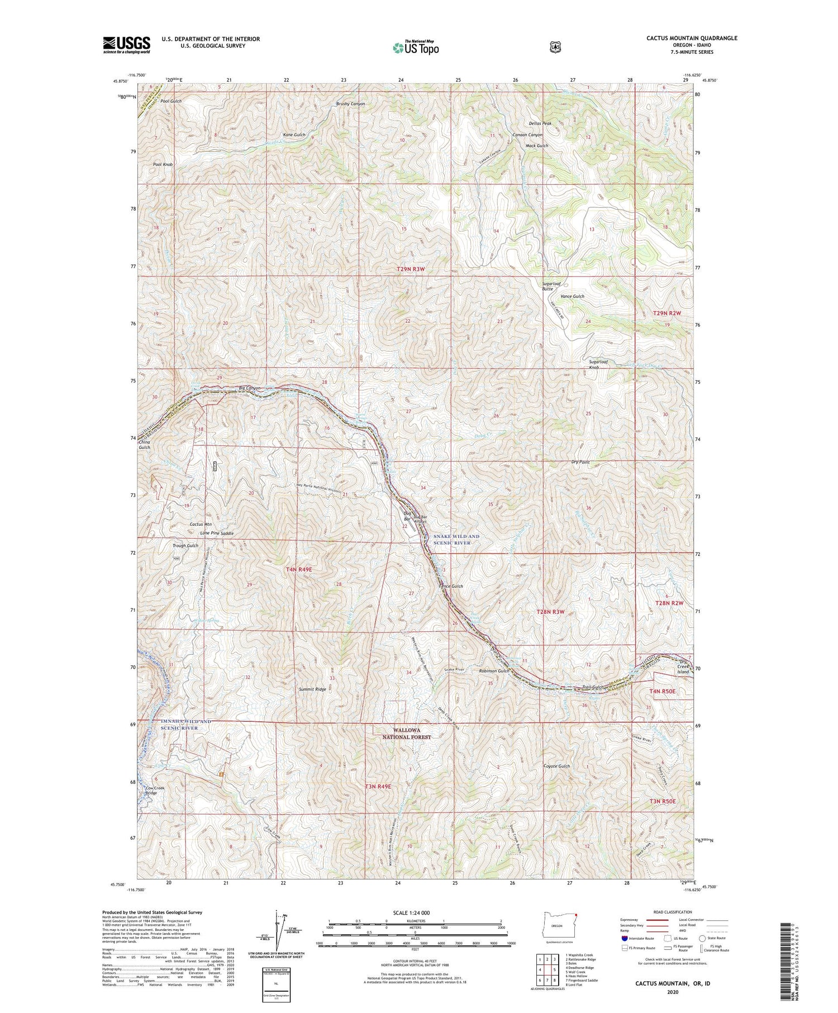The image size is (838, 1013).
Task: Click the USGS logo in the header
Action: pos(126,45)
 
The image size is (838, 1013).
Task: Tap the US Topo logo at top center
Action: pos(416,47)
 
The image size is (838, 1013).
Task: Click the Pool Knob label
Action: pos(163,165)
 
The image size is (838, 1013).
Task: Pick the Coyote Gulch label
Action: pos(556,766)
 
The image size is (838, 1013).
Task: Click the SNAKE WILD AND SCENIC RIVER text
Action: pos(456,539)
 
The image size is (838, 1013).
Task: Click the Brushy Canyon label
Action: pos(350,104)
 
